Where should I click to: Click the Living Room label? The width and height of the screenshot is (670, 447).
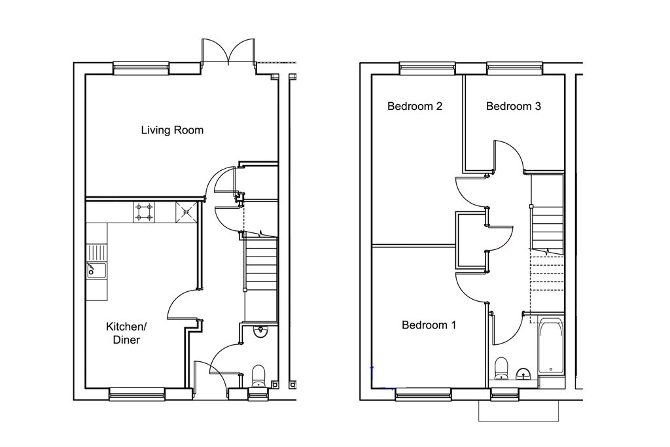pyautogui.click(x=172, y=130)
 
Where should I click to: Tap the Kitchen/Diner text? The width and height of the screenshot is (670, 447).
pyautogui.click(x=126, y=333)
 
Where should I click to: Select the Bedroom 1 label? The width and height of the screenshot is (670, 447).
pyautogui.click(x=429, y=325)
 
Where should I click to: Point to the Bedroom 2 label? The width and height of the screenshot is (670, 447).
pyautogui.click(x=414, y=106)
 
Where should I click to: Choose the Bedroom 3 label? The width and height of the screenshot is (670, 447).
pyautogui.click(x=513, y=106)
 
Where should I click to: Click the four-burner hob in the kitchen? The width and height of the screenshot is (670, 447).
pyautogui.click(x=144, y=212)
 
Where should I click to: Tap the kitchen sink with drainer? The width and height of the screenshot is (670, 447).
pyautogui.click(x=97, y=261)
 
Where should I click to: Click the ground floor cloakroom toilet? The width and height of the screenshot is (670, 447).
pyautogui.click(x=258, y=376)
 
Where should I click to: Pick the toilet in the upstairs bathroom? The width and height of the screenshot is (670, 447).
pyautogui.click(x=501, y=369)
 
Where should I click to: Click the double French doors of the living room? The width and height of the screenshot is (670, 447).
pyautogui.click(x=228, y=51)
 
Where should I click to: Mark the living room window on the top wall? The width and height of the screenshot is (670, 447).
pyautogui.click(x=141, y=68)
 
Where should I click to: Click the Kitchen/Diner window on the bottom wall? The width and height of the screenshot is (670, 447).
pyautogui.click(x=137, y=394)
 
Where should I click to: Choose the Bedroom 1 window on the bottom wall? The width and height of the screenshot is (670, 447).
pyautogui.click(x=423, y=394)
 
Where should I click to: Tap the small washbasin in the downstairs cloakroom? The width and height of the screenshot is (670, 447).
pyautogui.click(x=260, y=331)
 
